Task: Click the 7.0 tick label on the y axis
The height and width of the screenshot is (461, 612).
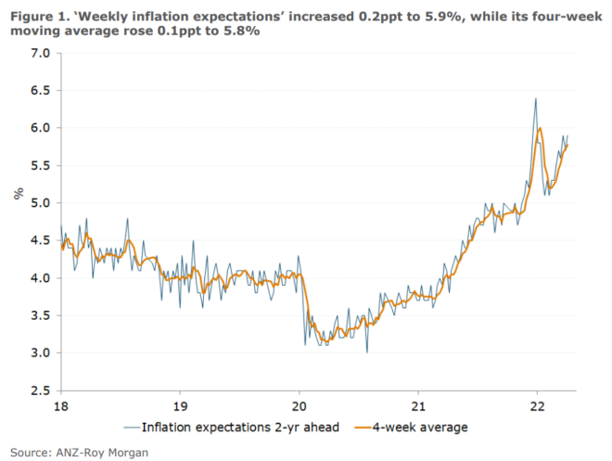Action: click(38, 53)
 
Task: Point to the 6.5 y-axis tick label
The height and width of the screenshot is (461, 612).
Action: click(38, 91)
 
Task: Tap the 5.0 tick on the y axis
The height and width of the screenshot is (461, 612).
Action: click(38, 203)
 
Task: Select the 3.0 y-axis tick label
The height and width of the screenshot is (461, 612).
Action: click(38, 353)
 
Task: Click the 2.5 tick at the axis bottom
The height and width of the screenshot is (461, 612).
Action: click(38, 391)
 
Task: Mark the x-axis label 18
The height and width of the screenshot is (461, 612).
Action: click(60, 405)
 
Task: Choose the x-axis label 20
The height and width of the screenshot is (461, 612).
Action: click(299, 405)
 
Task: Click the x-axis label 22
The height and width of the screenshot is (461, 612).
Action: click(537, 405)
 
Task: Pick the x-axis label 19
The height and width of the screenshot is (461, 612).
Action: click(179, 405)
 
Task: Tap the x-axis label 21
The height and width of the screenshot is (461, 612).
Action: click(417, 405)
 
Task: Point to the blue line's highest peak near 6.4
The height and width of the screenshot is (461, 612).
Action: click(536, 99)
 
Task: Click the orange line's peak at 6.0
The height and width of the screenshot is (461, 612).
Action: click(540, 129)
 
